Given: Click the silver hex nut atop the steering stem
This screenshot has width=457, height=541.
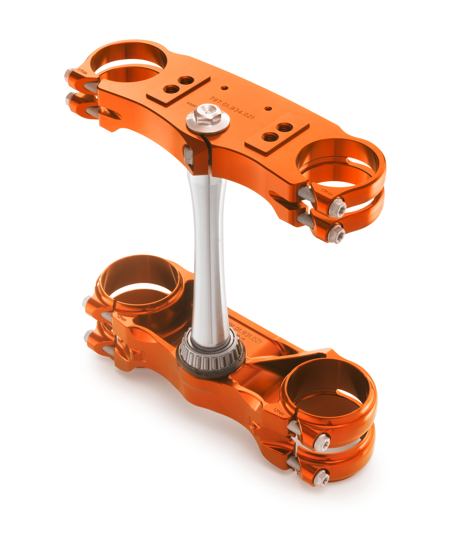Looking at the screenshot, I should pyautogui.click(x=207, y=115).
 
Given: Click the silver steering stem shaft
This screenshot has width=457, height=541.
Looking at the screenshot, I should pyautogui.click(x=208, y=252).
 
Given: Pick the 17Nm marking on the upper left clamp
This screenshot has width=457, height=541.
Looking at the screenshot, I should pyautogui.click(x=82, y=72).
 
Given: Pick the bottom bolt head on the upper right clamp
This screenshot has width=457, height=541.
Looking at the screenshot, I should pyautogui.click(x=336, y=234).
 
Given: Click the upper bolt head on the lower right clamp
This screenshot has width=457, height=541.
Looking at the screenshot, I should pyautogui.click(x=322, y=442).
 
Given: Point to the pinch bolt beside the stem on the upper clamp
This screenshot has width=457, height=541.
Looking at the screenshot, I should pyautogui.click(x=189, y=156).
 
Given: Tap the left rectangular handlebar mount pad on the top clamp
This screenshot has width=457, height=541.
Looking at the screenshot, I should pyautogui.click(x=178, y=88).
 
